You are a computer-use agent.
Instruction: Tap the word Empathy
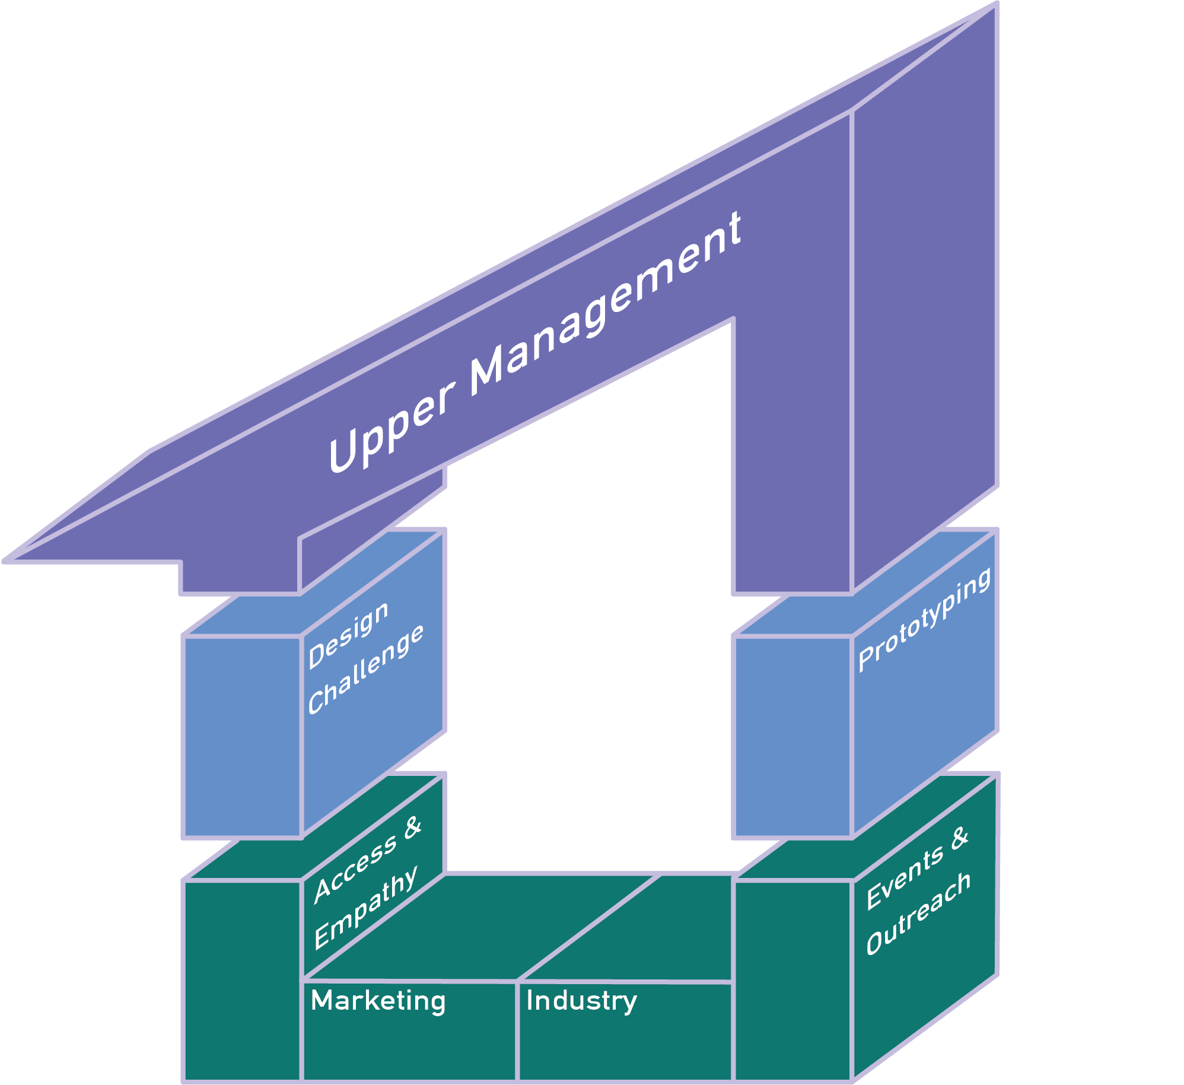tap(365, 907)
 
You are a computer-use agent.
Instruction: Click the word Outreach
tap(918, 914)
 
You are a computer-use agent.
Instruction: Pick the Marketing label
tap(378, 1001)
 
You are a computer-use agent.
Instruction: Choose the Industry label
tap(581, 1001)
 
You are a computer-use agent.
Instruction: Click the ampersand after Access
tap(412, 828)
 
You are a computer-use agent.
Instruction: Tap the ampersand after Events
tap(959, 838)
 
